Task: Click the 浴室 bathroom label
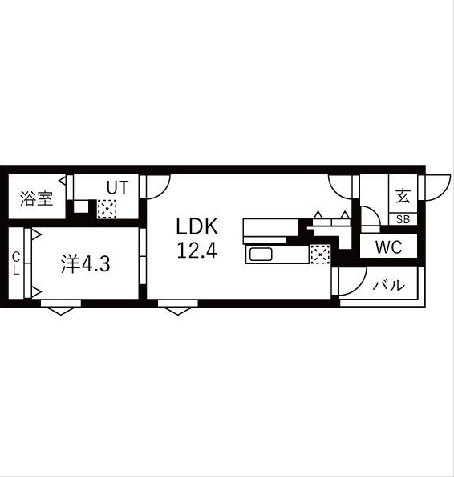[37, 197]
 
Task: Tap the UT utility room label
[118, 187]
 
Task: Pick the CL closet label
[15, 263]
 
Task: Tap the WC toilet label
[388, 247]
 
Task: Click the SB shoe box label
[402, 219]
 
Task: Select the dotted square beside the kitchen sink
[320, 255]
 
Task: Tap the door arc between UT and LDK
[157, 187]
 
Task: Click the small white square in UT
[81, 206]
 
